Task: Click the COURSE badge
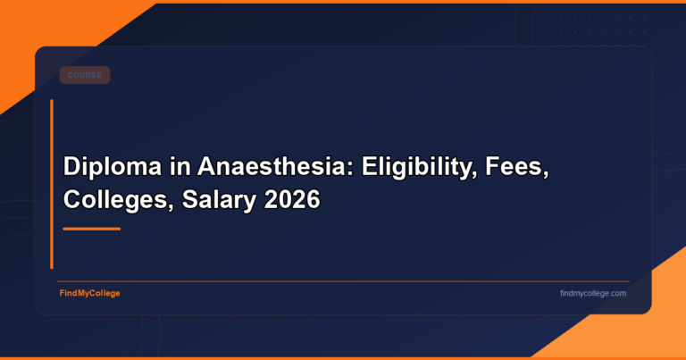(85, 75)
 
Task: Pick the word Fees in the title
(514, 167)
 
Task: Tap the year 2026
(292, 200)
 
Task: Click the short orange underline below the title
(91, 229)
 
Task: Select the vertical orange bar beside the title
(52, 183)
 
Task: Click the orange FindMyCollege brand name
(89, 293)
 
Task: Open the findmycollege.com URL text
(592, 293)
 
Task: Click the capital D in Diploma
(71, 167)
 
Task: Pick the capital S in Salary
(189, 200)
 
